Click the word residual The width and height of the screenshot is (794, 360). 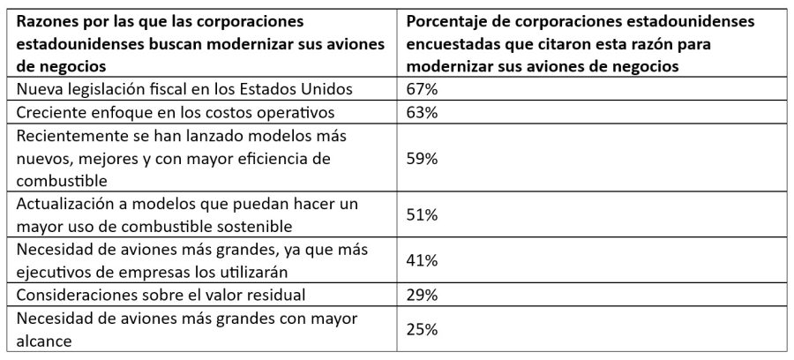point(276,295)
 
